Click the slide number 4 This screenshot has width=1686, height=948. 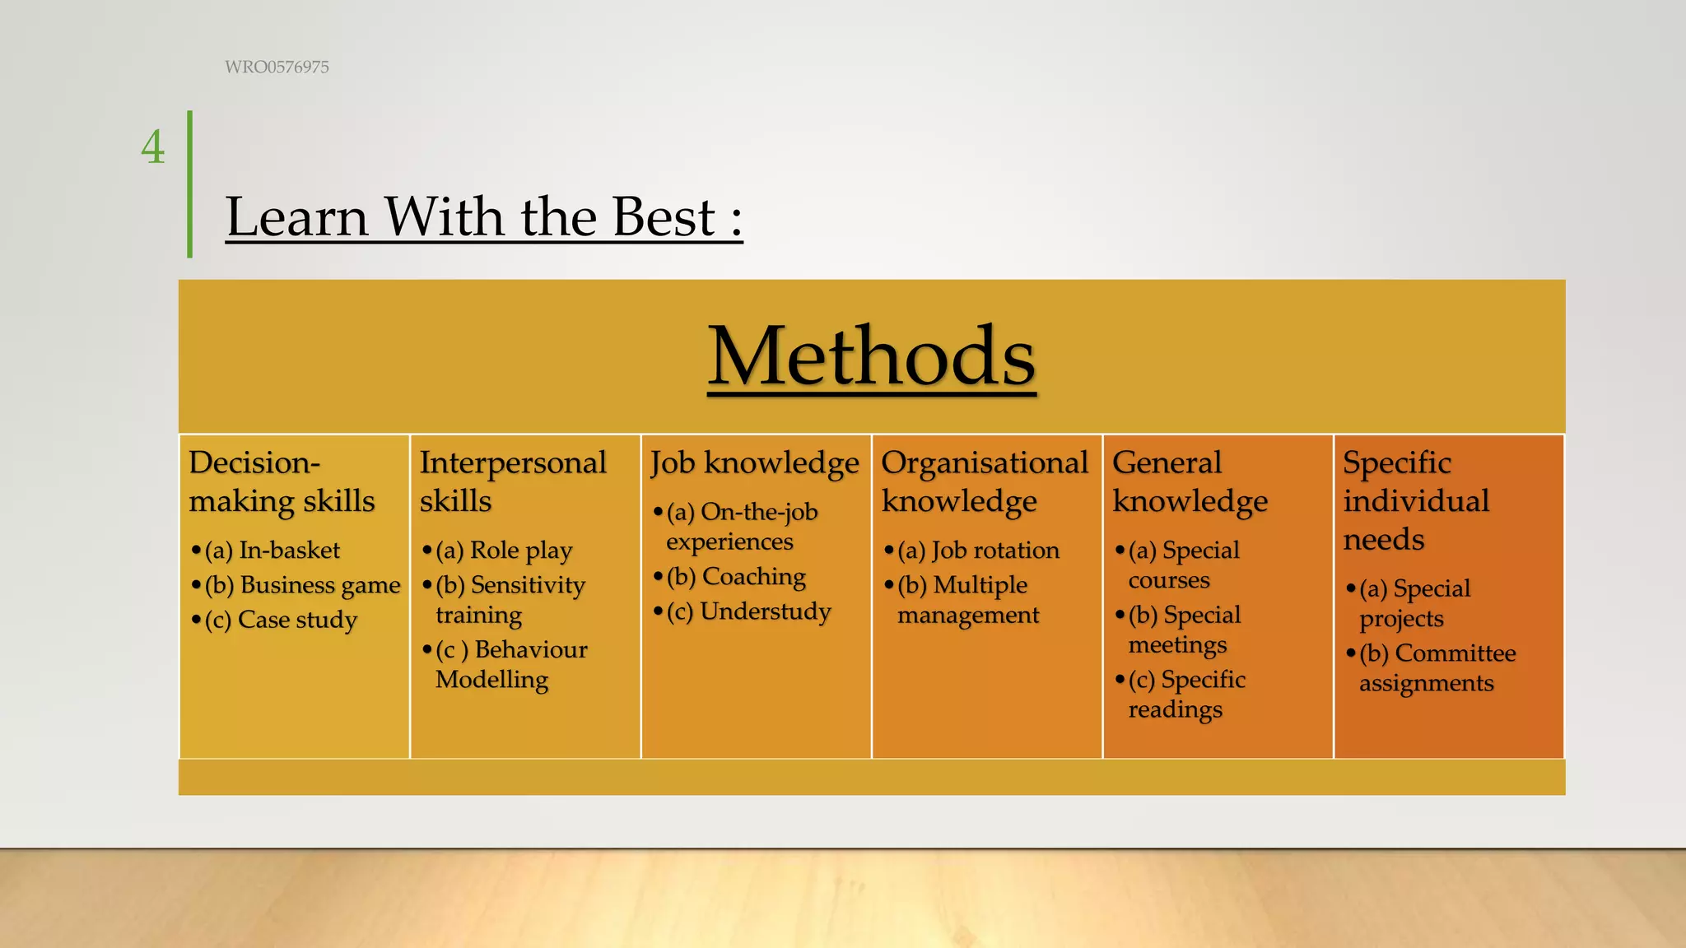[153, 148]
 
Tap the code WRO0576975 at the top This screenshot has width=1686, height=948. [277, 67]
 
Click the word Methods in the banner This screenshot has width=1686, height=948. [872, 356]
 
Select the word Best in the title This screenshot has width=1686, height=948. [664, 217]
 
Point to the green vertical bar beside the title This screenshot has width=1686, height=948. [190, 184]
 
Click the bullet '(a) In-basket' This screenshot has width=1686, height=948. [272, 551]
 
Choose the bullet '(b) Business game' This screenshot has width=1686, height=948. [303, 585]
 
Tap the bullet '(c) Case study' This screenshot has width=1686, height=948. [281, 620]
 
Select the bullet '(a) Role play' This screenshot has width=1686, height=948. [504, 551]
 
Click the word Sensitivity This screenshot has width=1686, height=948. [528, 585]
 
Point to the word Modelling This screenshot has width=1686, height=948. [491, 680]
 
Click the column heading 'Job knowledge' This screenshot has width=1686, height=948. [755, 463]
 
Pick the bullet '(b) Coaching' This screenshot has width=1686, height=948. [737, 577]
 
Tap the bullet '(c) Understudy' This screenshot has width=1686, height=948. [749, 611]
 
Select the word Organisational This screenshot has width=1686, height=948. [985, 463]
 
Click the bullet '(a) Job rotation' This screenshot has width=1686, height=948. [979, 551]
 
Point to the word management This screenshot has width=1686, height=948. [968, 616]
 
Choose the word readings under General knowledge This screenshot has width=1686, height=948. [1175, 710]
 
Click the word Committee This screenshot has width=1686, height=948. [1455, 653]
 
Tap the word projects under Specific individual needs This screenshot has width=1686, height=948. [1401, 619]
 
